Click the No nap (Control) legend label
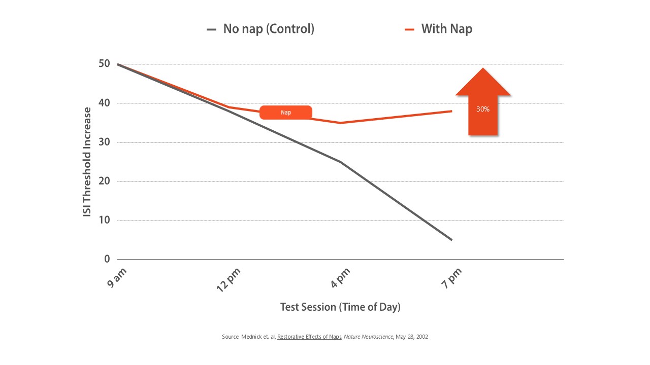269,29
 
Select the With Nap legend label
446,29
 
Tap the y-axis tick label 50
104,64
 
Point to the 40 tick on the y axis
104,103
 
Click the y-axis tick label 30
104,142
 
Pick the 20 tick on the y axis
104,181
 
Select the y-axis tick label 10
104,221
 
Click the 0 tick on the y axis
107,260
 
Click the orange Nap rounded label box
286,113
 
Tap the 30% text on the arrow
483,109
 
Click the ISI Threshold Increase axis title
87,162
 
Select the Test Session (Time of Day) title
340,307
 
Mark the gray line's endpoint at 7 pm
451,240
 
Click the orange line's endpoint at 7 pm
451,111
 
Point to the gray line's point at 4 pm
340,162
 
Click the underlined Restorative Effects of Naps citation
309,337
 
